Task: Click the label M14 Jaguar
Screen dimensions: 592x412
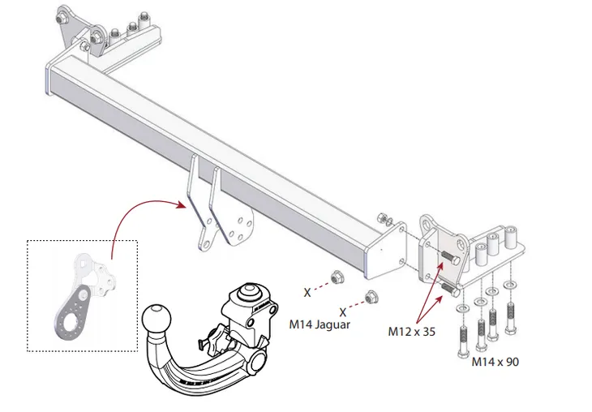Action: [320, 324]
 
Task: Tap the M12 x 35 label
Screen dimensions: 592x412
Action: [411, 332]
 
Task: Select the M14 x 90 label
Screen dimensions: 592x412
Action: [495, 362]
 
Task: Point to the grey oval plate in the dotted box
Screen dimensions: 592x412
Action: [71, 313]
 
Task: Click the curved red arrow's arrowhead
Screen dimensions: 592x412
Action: [181, 204]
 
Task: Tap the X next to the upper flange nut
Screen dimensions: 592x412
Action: [307, 292]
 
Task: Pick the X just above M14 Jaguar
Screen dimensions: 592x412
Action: [342, 312]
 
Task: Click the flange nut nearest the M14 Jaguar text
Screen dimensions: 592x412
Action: [371, 297]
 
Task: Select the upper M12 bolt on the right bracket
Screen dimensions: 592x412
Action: [450, 258]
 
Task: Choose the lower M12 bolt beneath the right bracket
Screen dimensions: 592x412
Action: [450, 290]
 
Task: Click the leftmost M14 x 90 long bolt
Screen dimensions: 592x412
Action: [463, 341]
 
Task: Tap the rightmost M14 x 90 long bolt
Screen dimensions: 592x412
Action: [511, 318]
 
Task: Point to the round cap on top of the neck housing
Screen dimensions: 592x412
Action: [249, 292]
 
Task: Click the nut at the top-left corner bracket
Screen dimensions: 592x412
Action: [61, 18]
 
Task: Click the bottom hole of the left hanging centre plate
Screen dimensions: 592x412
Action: [206, 242]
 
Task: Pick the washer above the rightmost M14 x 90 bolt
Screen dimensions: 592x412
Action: [511, 284]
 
